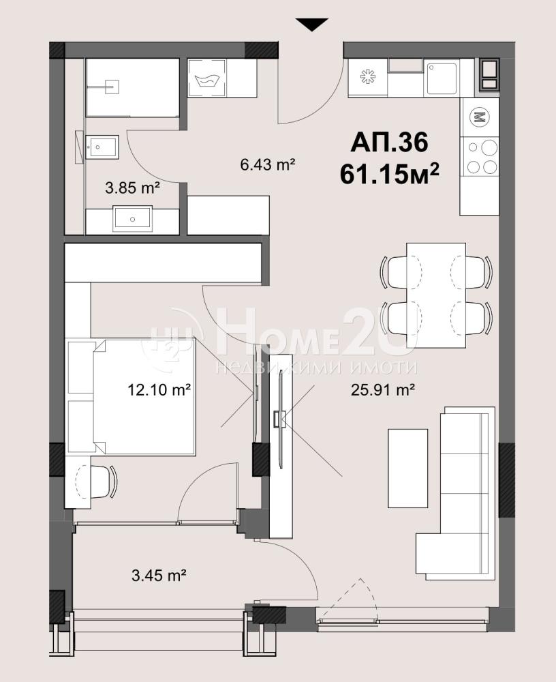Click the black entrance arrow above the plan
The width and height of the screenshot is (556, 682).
311,25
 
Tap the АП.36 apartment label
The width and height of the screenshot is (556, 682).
389,142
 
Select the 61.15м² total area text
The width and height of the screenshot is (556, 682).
389,174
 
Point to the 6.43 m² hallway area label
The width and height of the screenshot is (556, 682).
267,164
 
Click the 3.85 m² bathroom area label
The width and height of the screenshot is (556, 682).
133,188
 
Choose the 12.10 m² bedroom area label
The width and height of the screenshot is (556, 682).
159,389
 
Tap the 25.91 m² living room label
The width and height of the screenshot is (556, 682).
382,389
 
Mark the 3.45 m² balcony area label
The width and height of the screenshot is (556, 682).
159,576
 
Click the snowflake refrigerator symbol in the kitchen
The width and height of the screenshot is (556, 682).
368,77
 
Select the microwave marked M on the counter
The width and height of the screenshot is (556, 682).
480,117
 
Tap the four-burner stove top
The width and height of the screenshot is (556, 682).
480,157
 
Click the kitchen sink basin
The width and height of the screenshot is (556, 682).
442,78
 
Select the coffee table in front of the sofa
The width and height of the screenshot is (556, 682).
407,468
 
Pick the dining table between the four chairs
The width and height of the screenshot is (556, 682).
436,296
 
